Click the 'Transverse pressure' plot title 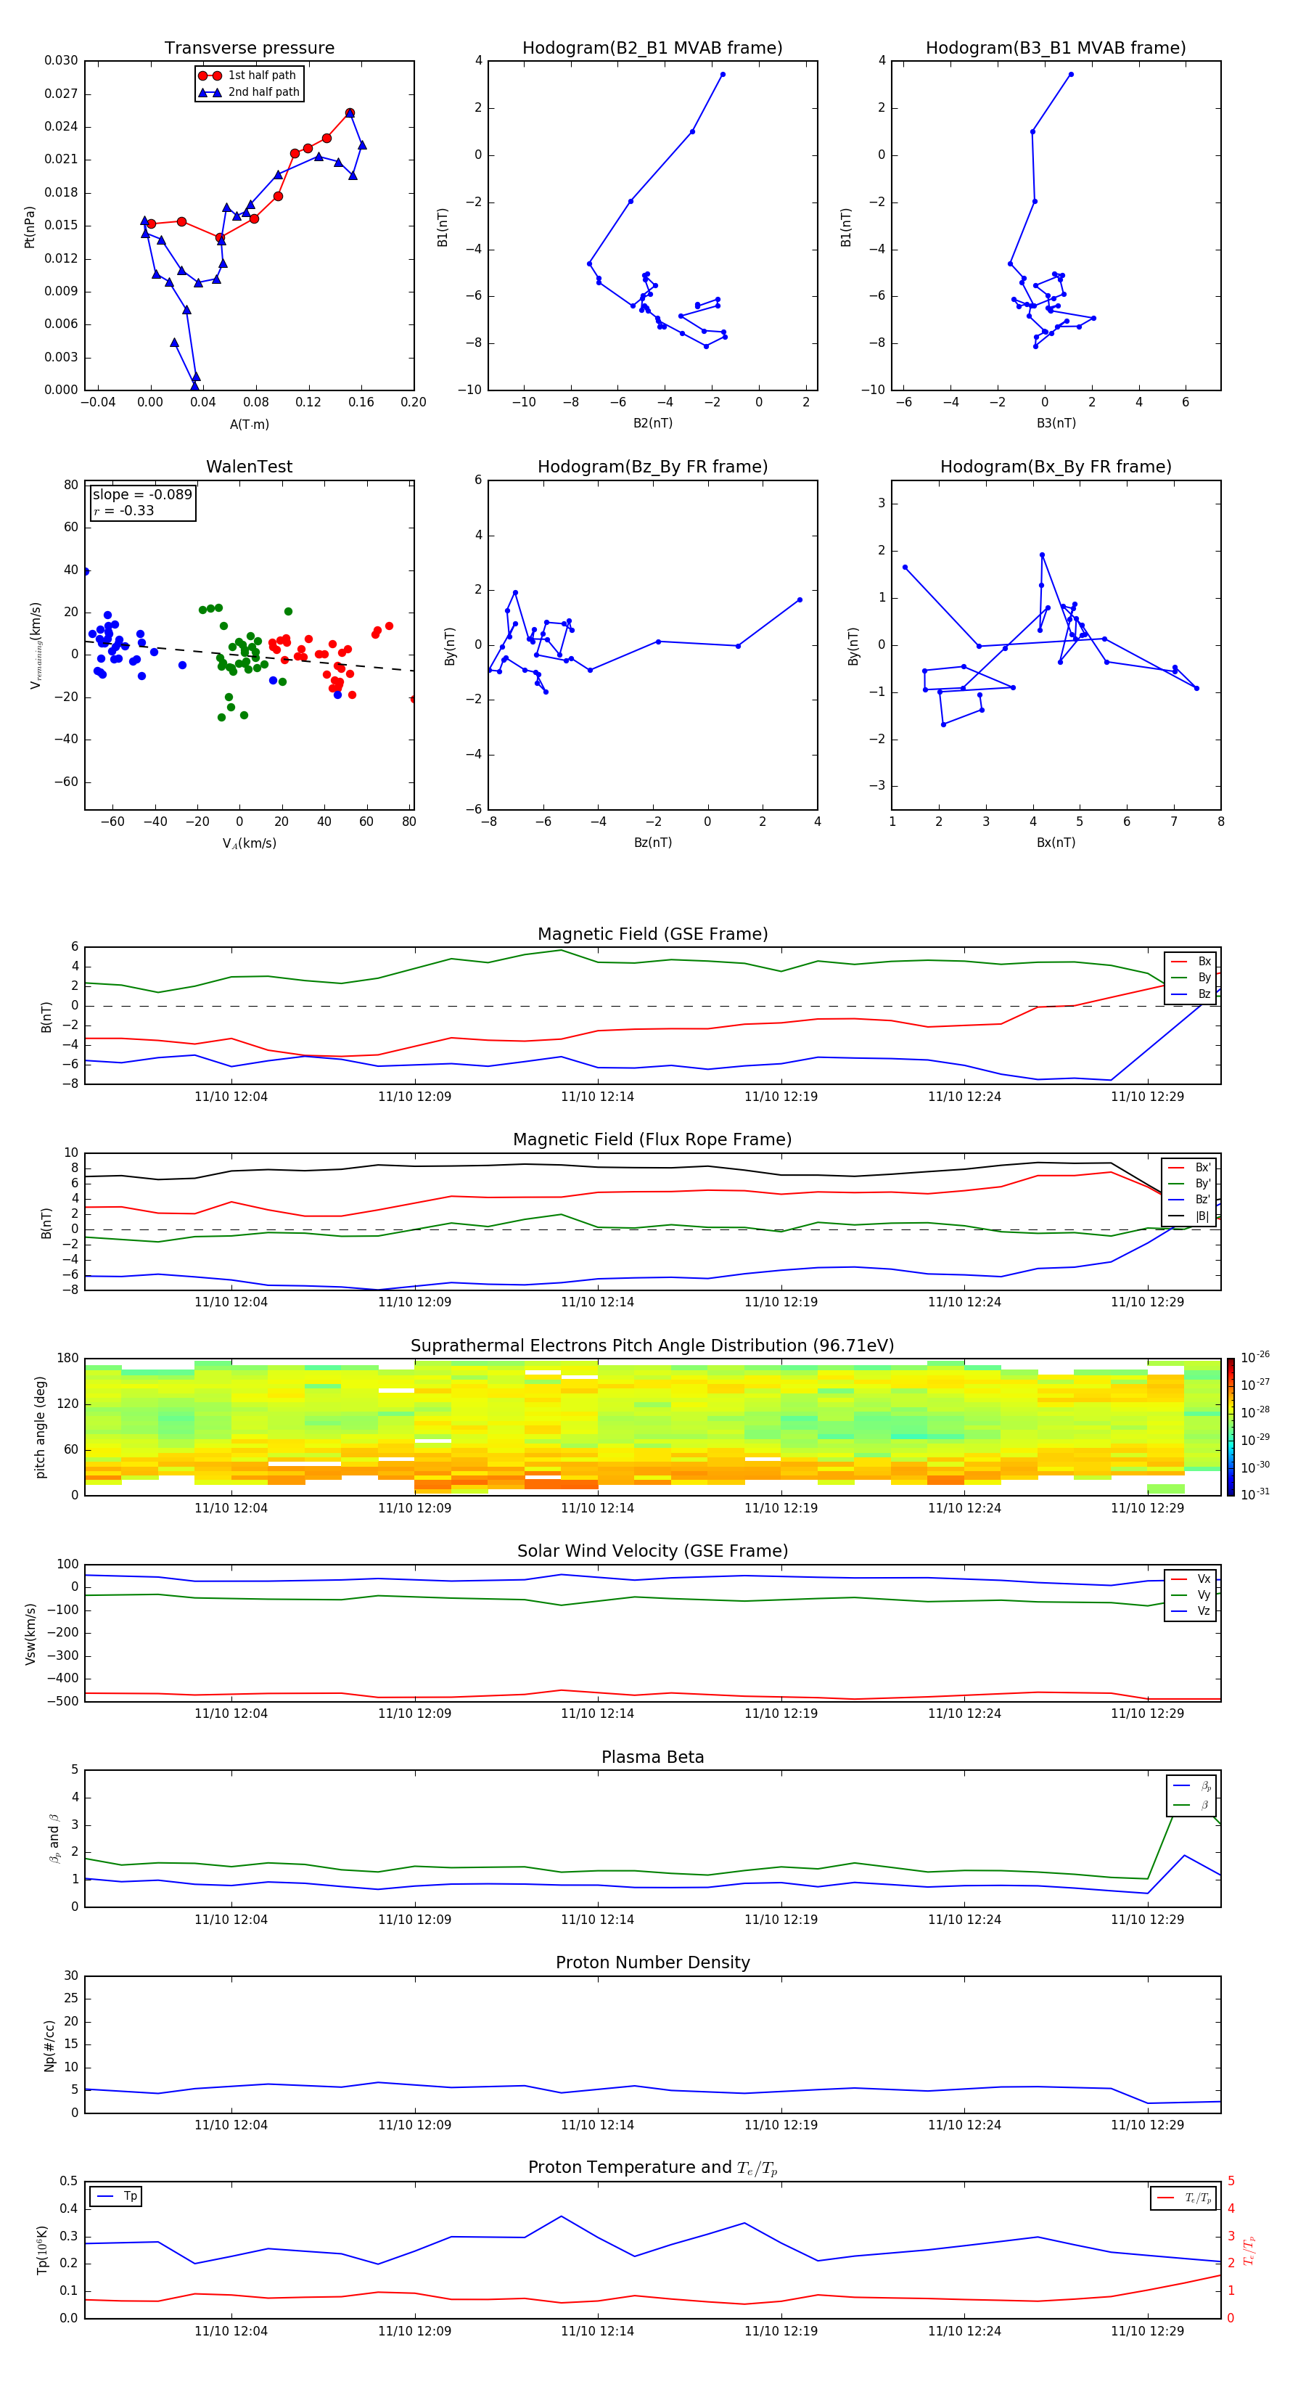pyautogui.click(x=249, y=49)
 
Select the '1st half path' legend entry pyautogui.click(x=261, y=75)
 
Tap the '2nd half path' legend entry pyautogui.click(x=263, y=92)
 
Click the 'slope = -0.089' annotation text pyautogui.click(x=142, y=495)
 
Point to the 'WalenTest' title pyautogui.click(x=249, y=467)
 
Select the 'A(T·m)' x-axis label pyautogui.click(x=249, y=425)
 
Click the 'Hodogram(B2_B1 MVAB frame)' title pyautogui.click(x=652, y=49)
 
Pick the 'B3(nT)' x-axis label pyautogui.click(x=1056, y=423)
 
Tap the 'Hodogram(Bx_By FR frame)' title pyautogui.click(x=1055, y=467)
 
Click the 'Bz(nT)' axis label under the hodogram pyautogui.click(x=652, y=843)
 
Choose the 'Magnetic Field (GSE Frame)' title pyautogui.click(x=652, y=934)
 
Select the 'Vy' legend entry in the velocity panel pyautogui.click(x=1204, y=1595)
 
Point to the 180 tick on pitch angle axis pyautogui.click(x=68, y=1359)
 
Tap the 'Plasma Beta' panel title pyautogui.click(x=652, y=1757)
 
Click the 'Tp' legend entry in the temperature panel pyautogui.click(x=130, y=2196)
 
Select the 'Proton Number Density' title pyautogui.click(x=652, y=1962)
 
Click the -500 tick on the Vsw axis pyautogui.click(x=64, y=1701)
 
